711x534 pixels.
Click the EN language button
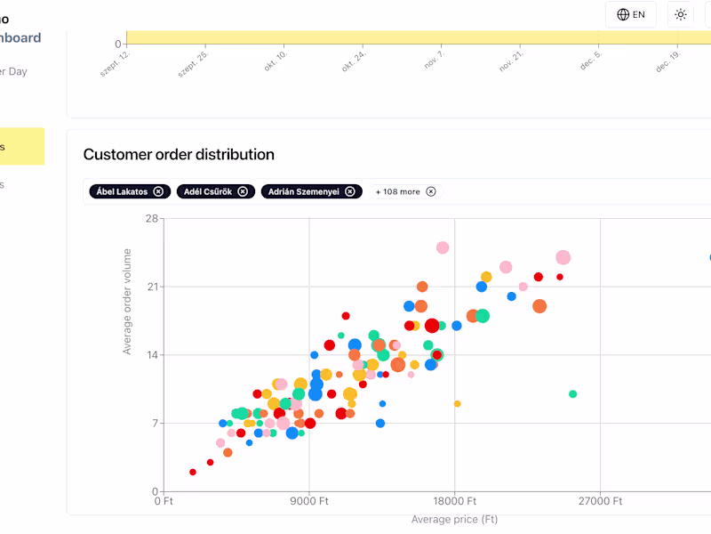pyautogui.click(x=631, y=14)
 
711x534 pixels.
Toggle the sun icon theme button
pyautogui.click(x=681, y=14)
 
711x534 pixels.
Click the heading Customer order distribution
pyautogui.click(x=179, y=154)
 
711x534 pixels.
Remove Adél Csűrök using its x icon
pyautogui.click(x=242, y=191)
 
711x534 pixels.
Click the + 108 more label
pyautogui.click(x=397, y=191)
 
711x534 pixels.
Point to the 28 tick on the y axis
pyautogui.click(x=151, y=219)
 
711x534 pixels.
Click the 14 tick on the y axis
pyautogui.click(x=151, y=355)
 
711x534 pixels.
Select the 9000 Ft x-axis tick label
pyautogui.click(x=309, y=501)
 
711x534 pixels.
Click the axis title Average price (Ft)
pyautogui.click(x=454, y=519)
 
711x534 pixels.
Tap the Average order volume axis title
pyautogui.click(x=127, y=302)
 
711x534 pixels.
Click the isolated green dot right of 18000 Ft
pyautogui.click(x=572, y=393)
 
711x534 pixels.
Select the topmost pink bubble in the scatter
pyautogui.click(x=443, y=247)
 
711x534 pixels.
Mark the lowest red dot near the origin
pyautogui.click(x=193, y=472)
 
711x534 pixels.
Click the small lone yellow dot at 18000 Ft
pyautogui.click(x=458, y=403)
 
